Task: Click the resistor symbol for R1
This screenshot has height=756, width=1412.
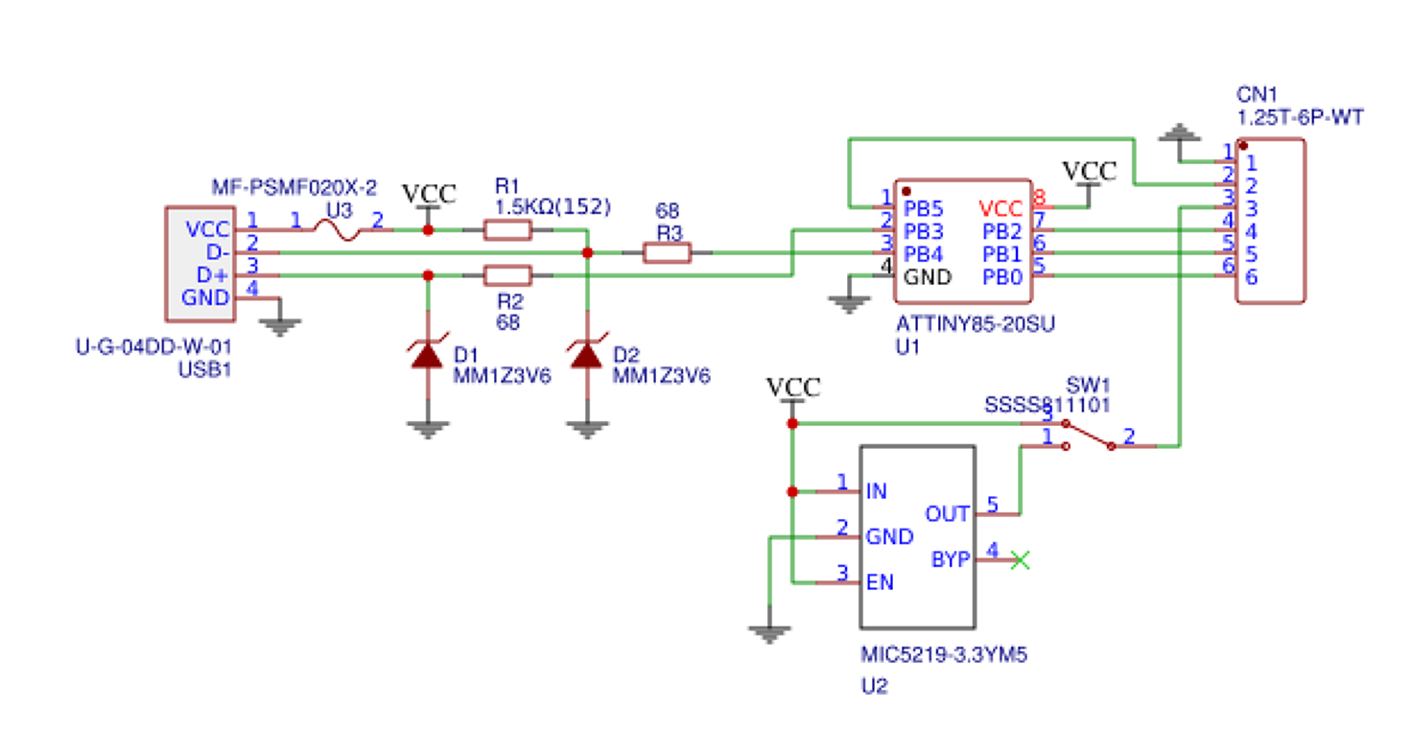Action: (506, 230)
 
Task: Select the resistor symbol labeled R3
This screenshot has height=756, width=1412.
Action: (666, 253)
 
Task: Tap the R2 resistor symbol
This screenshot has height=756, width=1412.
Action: (506, 276)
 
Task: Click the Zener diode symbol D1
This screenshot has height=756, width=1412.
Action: (428, 355)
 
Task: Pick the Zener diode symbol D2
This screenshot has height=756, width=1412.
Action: (587, 355)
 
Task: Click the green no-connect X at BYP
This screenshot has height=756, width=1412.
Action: (1021, 560)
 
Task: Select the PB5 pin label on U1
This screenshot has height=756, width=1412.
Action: (922, 207)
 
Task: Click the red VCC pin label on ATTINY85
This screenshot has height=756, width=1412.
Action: (1003, 207)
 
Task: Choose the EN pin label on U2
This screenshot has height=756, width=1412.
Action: (881, 582)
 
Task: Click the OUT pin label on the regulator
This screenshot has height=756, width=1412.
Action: (947, 514)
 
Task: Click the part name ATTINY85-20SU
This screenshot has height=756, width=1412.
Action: (975, 325)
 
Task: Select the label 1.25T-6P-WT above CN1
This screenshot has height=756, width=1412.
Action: (1300, 118)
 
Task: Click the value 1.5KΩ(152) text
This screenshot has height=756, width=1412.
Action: (553, 205)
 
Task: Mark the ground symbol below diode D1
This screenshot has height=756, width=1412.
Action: (428, 428)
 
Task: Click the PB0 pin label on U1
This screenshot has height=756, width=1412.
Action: (1003, 277)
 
